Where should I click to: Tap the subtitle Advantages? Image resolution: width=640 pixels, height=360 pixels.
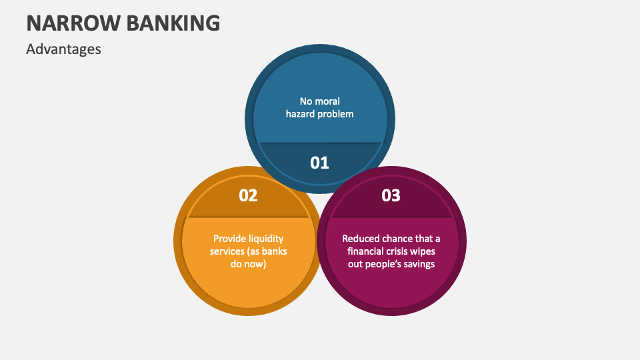coord(63,49)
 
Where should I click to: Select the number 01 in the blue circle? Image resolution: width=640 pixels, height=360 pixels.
coord(320,162)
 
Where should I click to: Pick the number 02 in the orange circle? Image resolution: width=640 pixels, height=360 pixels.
coord(248,195)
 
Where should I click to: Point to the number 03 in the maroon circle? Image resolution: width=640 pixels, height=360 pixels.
coord(391,195)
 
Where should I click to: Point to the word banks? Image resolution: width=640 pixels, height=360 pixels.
coord(273,251)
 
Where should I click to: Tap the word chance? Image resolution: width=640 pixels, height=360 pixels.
coord(399,238)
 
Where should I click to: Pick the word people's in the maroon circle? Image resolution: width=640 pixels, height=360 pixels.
coord(382,264)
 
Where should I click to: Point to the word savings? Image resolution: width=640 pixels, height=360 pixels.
coord(419,264)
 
